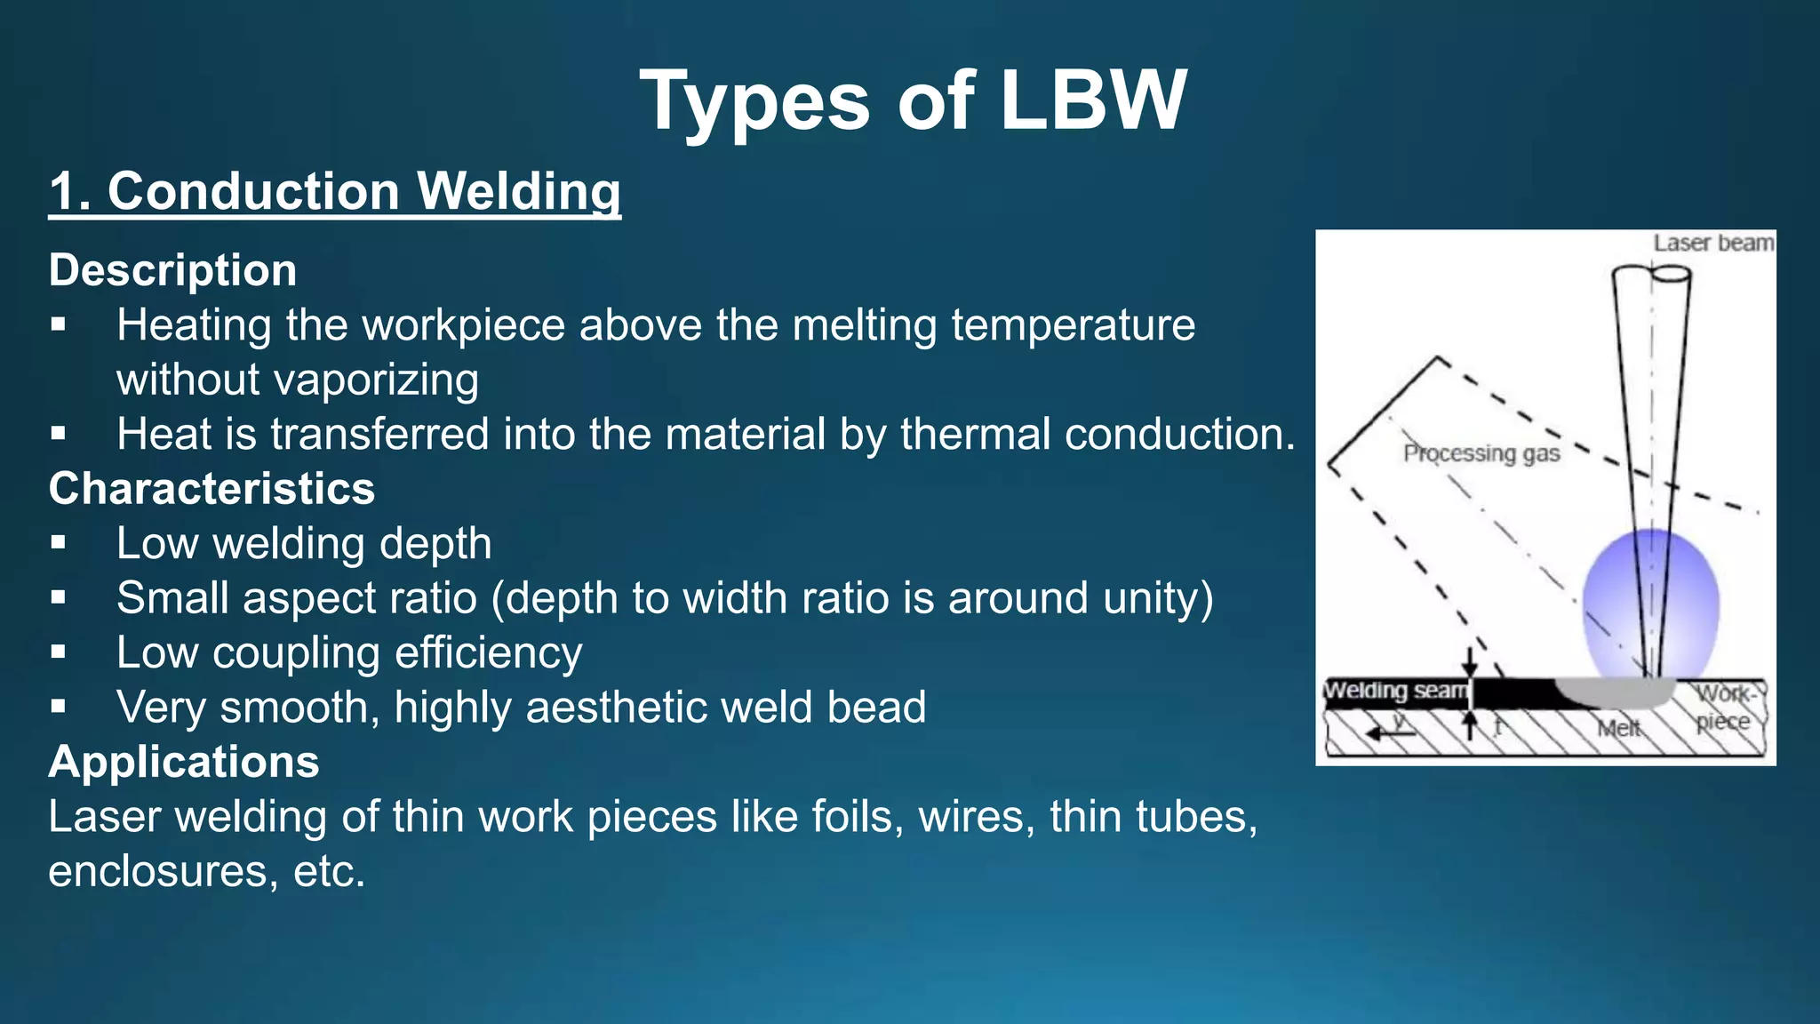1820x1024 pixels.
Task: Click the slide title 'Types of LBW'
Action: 913,101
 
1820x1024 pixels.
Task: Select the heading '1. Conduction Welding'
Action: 334,192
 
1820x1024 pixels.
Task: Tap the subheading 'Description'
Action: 172,270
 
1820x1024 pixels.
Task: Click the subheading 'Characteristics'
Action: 212,489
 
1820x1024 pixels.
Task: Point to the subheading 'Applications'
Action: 184,762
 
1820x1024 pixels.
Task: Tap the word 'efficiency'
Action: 488,653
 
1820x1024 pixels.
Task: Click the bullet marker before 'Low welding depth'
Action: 59,543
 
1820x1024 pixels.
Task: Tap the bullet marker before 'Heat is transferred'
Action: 59,434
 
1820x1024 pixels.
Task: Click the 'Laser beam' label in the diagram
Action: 1712,244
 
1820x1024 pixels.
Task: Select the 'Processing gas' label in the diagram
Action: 1481,453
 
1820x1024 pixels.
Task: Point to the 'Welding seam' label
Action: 1394,691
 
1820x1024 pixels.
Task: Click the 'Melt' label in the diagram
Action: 1618,729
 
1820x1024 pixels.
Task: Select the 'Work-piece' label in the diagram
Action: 1724,708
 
